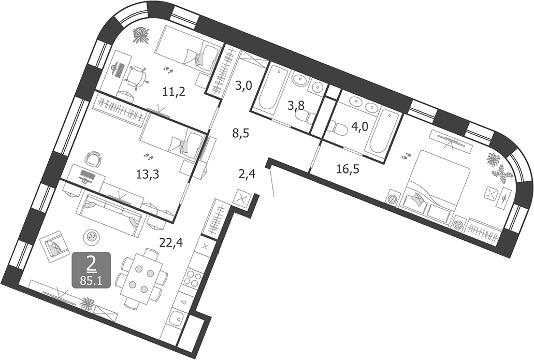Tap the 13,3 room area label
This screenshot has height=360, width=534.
click(147, 175)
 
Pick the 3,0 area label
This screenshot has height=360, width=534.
click(243, 85)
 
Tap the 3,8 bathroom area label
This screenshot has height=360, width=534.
click(296, 106)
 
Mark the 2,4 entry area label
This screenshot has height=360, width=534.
click(247, 174)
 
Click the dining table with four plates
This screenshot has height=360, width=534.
click(141, 279)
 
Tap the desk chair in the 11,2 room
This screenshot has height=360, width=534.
click(136, 77)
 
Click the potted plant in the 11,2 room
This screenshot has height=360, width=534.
click(140, 35)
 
